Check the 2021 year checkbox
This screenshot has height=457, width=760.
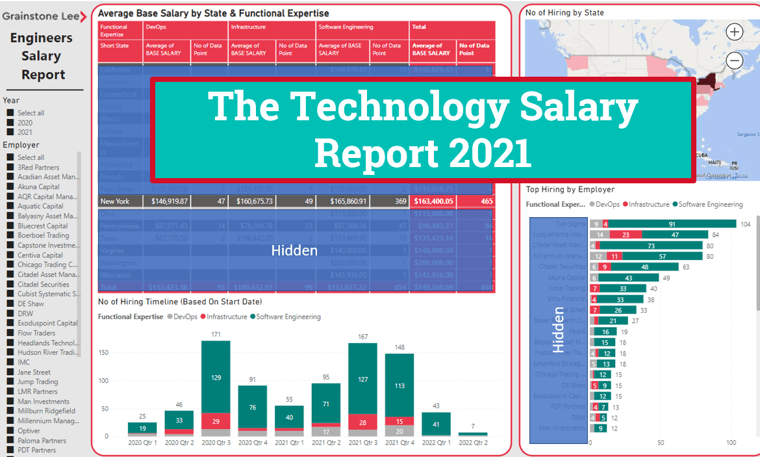click(10, 132)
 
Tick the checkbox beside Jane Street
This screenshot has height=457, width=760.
click(10, 372)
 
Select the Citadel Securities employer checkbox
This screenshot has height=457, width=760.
click(10, 285)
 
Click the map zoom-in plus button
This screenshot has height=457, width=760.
click(734, 32)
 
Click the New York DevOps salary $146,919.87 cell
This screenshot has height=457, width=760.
click(170, 202)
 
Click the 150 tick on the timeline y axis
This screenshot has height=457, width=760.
click(102, 352)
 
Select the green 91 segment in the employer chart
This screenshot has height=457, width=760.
click(672, 224)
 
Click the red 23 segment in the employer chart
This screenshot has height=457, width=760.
click(626, 235)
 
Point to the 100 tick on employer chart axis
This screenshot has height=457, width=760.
click(731, 443)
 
